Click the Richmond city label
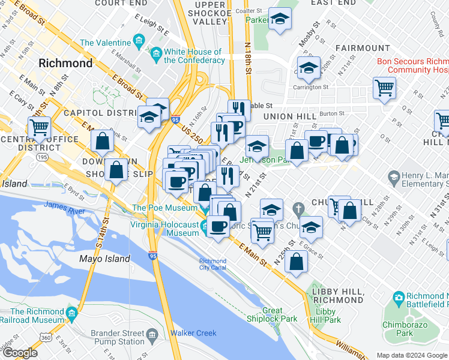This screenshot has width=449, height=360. tap(65, 62)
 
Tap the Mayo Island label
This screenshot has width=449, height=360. tap(105, 259)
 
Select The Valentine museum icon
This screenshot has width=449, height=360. tap(139, 43)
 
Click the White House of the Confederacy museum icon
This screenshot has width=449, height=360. tap(156, 56)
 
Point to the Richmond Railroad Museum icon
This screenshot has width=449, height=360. tap(73, 313)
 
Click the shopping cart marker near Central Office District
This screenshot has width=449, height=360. tap(40, 127)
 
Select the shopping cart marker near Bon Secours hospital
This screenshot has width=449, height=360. tap(384, 88)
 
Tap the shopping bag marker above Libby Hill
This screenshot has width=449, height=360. tap(297, 261)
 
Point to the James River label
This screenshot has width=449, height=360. tap(64, 205)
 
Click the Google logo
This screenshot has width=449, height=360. tap(20, 352)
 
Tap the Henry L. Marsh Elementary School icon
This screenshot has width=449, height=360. tap(394, 177)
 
